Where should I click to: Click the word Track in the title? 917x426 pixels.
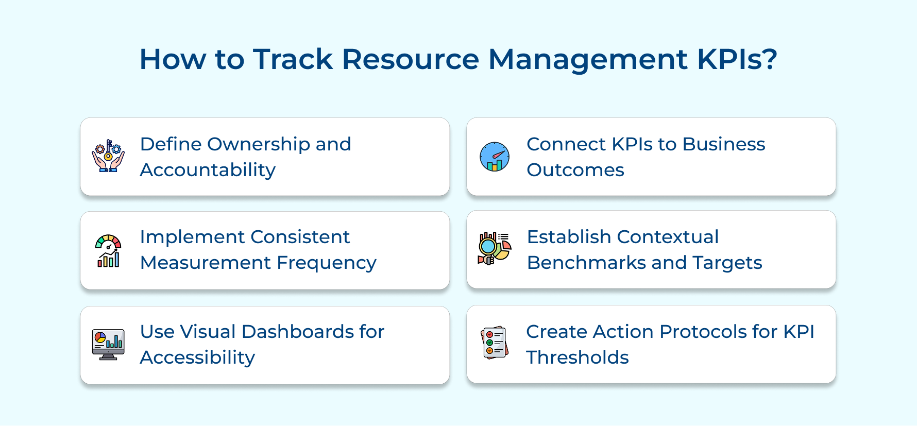tap(293, 59)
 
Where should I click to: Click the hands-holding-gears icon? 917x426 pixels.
tap(108, 156)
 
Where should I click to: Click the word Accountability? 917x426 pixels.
tap(208, 171)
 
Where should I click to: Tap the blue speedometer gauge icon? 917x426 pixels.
tap(495, 157)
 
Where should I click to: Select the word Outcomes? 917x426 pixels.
tap(575, 171)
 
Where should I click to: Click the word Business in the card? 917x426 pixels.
tap(723, 145)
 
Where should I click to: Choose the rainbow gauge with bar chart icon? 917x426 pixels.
tap(108, 251)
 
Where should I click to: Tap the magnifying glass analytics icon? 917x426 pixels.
tap(494, 248)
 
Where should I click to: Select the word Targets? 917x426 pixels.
tap(727, 263)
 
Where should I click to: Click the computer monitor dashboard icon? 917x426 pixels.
tap(108, 345)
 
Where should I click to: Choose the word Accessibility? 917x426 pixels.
tap(197, 358)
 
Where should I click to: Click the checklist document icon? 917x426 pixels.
tap(495, 343)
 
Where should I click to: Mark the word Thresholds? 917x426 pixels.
tap(577, 358)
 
